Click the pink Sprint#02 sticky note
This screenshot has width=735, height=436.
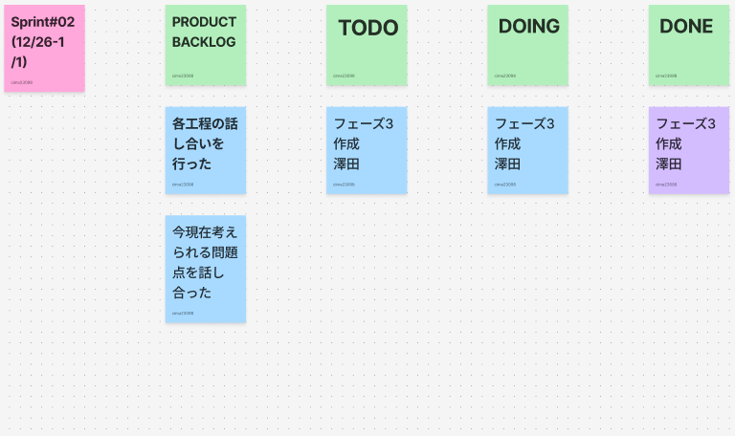(44, 48)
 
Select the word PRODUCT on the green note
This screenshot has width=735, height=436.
(204, 22)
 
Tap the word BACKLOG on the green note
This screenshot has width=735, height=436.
(204, 42)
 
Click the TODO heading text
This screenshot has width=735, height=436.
(367, 28)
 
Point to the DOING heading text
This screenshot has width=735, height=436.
(528, 27)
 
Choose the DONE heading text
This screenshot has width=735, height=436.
(686, 27)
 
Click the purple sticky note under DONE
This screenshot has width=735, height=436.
(688, 150)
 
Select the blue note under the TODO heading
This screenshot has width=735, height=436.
(367, 150)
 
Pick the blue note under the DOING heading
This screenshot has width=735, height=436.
(527, 150)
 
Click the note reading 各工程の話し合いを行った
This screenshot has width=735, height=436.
(205, 150)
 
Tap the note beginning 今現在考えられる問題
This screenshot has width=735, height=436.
(205, 269)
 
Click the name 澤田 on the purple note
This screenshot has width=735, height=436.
(669, 164)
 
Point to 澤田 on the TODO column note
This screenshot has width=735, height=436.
(346, 164)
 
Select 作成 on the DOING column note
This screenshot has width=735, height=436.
(507, 144)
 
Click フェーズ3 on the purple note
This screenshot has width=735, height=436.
(685, 124)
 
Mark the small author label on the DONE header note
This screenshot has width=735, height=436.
(666, 76)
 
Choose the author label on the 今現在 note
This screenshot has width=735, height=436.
(183, 313)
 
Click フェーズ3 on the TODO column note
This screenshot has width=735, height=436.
(364, 124)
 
